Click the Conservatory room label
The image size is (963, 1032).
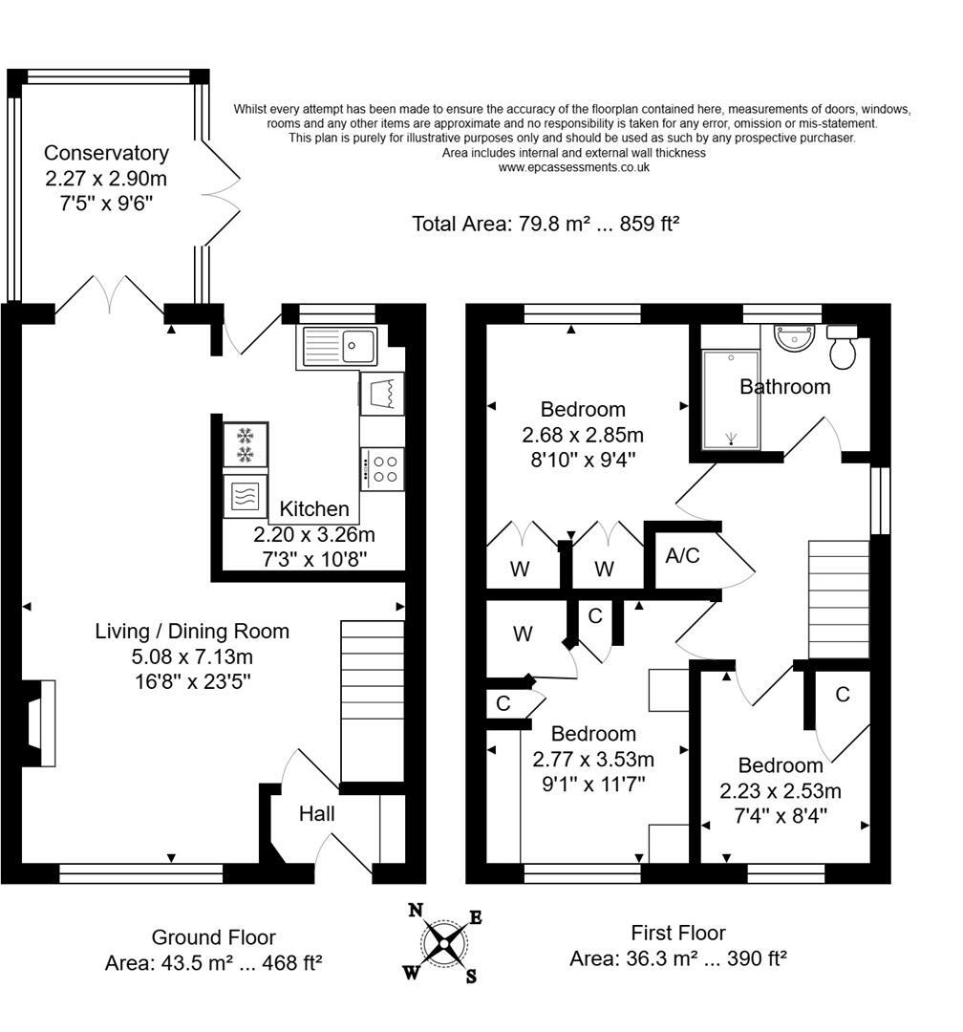coord(106,153)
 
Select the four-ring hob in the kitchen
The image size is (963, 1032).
coord(383,468)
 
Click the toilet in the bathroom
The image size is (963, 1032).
coord(843,348)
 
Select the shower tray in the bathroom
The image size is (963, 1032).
coord(731,399)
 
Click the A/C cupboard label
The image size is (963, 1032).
coord(682,555)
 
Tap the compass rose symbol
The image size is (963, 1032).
coord(445,943)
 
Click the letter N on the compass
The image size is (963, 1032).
coord(416,910)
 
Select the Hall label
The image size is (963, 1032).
coord(317,814)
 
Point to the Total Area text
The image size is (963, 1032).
coord(546,224)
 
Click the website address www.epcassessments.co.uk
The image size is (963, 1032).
coord(573,167)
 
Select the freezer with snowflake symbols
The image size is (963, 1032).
coord(246,444)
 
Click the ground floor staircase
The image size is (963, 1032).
coord(373,700)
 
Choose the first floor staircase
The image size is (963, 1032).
coord(839,599)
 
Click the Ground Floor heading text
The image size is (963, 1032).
coord(213,937)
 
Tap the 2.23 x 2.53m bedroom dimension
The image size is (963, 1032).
coord(780,790)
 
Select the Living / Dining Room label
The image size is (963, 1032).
coord(192,632)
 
